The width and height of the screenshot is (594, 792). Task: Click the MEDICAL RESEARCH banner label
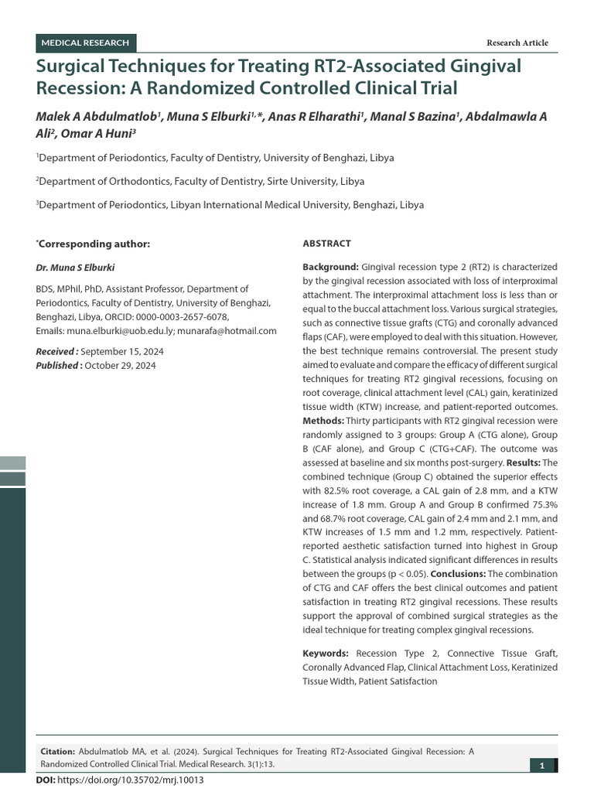(85, 43)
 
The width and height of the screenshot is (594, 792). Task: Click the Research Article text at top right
(517, 43)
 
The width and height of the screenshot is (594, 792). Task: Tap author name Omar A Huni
(103, 132)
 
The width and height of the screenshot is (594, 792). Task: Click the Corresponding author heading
(94, 244)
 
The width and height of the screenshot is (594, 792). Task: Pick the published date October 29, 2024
(120, 365)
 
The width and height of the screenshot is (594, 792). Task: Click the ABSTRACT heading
(326, 243)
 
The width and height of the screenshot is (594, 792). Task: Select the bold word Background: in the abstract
(330, 266)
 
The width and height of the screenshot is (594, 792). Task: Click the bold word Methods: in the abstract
(324, 421)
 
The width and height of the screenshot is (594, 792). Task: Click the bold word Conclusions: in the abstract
(457, 574)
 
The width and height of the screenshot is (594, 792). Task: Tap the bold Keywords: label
(326, 654)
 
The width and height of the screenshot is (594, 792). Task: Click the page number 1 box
(542, 766)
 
